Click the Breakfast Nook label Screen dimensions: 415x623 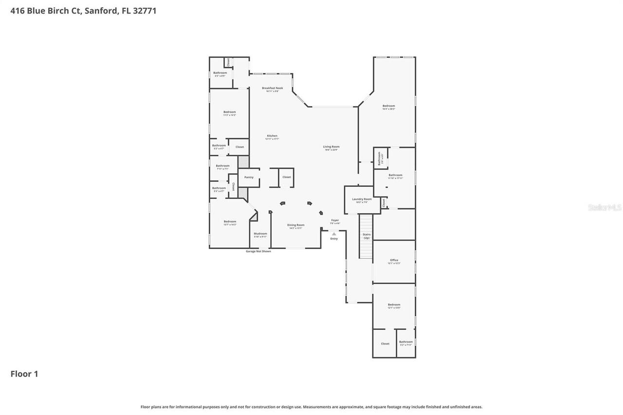272,89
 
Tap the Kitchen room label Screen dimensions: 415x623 272,136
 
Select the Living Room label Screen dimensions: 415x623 331,147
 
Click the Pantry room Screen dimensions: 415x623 249,178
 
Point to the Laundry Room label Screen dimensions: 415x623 362,199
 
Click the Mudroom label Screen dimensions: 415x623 260,234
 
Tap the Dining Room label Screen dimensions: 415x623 295,225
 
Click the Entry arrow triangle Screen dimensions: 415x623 334,234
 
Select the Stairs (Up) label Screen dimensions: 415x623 366,236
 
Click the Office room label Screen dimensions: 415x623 394,261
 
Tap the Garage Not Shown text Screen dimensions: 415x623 258,251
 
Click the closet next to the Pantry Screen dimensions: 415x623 287,177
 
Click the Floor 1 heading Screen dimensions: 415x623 24,374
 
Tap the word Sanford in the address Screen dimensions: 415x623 101,11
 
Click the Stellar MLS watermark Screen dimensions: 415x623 605,207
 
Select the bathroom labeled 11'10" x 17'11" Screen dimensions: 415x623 395,176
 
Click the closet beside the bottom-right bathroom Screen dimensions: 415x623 385,343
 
